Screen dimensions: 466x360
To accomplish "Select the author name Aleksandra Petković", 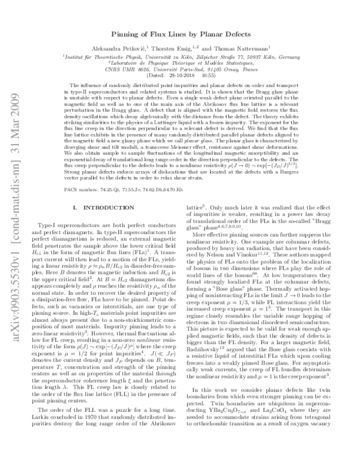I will point(120,50).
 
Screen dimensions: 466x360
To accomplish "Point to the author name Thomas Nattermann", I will point(241,50).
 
